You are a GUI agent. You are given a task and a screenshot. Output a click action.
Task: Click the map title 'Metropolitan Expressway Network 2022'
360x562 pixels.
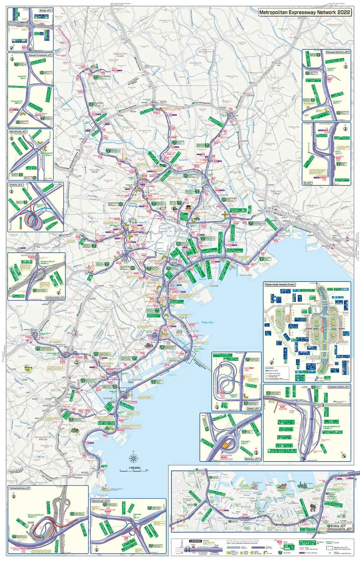point(305,12)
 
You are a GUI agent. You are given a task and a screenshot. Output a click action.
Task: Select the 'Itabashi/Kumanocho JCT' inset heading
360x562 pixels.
point(40,55)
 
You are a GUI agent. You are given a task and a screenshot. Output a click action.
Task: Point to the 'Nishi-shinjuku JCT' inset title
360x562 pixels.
point(18,131)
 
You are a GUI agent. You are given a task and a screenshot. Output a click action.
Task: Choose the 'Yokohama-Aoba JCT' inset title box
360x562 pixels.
point(55,298)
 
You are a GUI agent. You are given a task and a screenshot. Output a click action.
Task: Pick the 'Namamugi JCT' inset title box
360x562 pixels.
point(100,501)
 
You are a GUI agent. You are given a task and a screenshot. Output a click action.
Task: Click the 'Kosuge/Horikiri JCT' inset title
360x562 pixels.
point(337,52)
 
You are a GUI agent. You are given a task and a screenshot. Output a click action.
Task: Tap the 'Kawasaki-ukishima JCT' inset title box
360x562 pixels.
point(338,387)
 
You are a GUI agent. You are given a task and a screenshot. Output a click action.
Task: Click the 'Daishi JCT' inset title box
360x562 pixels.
point(253,409)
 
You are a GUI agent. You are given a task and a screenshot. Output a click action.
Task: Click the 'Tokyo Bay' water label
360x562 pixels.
point(207,322)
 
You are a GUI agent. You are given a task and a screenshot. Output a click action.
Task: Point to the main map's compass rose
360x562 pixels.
point(133,459)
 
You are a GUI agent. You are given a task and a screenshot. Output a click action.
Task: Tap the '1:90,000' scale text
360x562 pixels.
point(130,468)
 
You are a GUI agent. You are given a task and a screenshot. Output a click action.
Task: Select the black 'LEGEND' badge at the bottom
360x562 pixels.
point(195,541)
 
